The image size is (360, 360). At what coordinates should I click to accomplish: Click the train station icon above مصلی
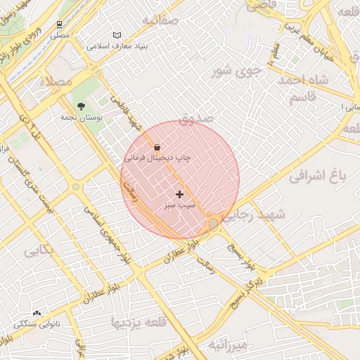(x=60, y=24)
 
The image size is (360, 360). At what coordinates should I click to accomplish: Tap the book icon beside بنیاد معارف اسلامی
(x=117, y=35)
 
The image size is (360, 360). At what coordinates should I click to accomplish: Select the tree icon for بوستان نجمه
(x=82, y=107)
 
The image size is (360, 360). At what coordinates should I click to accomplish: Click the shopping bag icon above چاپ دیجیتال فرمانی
(x=156, y=148)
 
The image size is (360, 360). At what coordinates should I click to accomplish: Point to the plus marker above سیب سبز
(x=179, y=194)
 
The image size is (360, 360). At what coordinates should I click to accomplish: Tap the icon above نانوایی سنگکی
(x=37, y=314)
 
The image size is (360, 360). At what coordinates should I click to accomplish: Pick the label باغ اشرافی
(x=318, y=176)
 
